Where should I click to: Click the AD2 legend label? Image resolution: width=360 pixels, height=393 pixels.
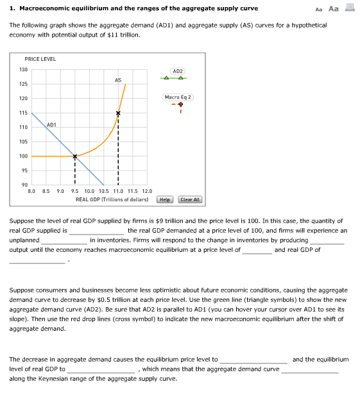(178, 71)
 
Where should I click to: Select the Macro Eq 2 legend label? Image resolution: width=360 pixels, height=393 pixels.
(178, 97)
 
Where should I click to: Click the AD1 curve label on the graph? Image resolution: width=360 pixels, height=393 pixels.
(52, 124)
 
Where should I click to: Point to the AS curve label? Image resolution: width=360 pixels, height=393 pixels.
(118, 80)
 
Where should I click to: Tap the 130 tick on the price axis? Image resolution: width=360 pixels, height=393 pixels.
(23, 69)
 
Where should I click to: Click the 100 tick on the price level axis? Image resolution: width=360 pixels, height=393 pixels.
(23, 156)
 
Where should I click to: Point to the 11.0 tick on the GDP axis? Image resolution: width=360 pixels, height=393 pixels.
(118, 191)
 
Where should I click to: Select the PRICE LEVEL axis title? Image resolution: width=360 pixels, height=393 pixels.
(40, 59)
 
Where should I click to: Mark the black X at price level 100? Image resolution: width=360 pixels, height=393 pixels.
(74, 156)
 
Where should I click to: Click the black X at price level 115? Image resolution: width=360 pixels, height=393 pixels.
(118, 113)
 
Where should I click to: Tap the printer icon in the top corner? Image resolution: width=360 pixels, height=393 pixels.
(350, 8)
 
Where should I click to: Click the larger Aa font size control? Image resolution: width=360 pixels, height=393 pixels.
(333, 8)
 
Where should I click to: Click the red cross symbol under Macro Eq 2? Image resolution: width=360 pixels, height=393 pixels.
(181, 105)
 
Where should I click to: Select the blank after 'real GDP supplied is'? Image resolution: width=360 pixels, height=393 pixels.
(96, 230)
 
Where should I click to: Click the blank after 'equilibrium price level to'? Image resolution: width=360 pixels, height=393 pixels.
(253, 360)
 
